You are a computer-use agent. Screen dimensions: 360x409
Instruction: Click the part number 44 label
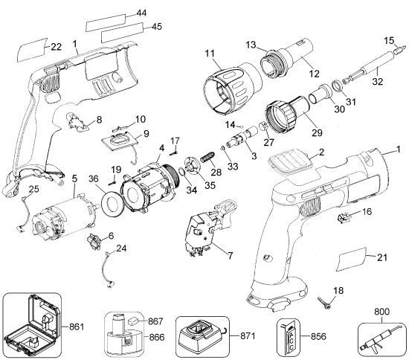(141, 14)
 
